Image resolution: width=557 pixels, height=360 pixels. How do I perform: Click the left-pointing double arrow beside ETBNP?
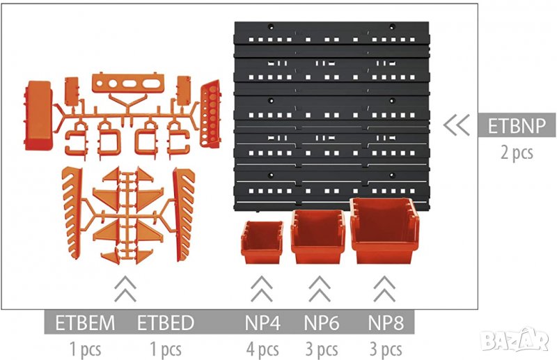pyautogui.click(x=456, y=125)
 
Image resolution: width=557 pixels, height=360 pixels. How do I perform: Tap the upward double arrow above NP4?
pyautogui.click(x=261, y=288)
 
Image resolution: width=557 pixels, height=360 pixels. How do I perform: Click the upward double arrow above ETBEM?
pyautogui.click(x=125, y=288)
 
